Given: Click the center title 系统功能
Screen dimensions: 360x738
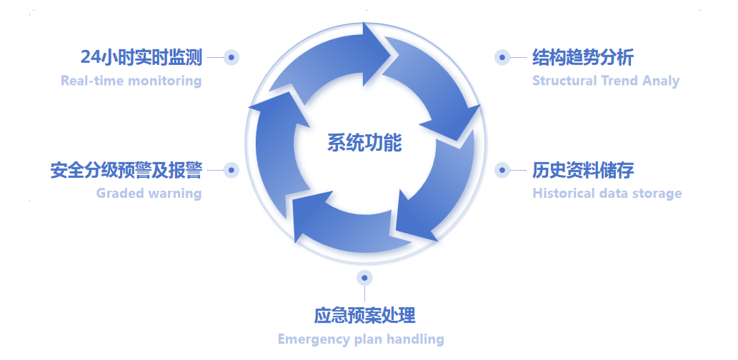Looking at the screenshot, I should pos(364,143).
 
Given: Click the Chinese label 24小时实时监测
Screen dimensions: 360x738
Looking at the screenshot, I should pos(141,57).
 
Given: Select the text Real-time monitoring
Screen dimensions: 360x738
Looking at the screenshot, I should pos(131,80).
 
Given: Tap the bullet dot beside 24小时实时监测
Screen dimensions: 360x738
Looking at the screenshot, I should pos(231,57).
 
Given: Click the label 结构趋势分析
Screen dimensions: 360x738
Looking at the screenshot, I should pos(583,57).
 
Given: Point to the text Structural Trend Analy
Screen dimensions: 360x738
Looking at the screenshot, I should pos(606,80).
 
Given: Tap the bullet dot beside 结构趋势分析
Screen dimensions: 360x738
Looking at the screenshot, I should pos(502,57).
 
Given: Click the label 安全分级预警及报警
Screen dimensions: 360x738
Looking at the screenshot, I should pos(126,170).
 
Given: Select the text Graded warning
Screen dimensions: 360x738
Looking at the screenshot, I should pos(149,193).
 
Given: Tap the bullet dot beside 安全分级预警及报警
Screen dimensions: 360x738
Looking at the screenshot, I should pos(231,170).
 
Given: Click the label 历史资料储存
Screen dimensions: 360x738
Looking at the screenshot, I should pos(583,170).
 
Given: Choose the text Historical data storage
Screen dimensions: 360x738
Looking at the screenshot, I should pos(607,193).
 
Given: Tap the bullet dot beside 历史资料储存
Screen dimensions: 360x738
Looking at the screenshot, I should pos(502,170).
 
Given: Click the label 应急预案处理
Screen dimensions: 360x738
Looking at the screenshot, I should pos(364,315).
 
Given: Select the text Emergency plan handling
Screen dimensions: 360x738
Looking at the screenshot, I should pos(361,339).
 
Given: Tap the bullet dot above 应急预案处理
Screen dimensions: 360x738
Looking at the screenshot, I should pos(364,277).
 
